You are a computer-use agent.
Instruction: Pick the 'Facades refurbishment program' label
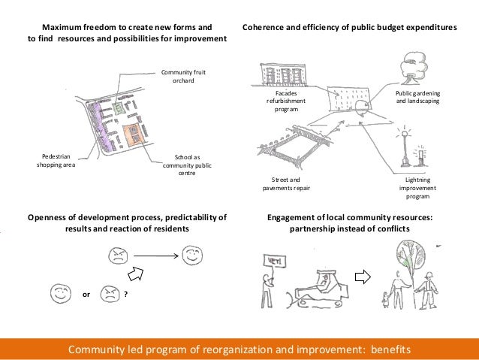pos(282,101)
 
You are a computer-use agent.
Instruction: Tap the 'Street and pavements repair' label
pos(284,184)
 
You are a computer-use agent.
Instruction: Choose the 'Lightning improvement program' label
pos(417,188)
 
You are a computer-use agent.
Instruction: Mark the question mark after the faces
pos(125,295)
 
